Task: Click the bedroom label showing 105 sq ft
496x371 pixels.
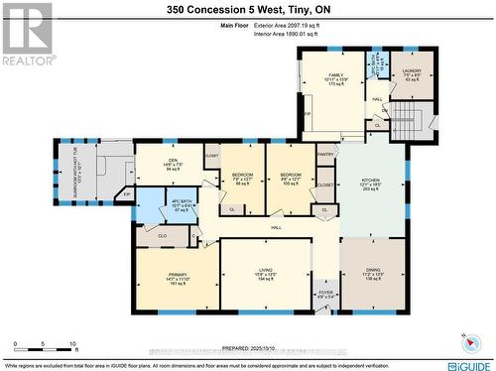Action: tap(291, 174)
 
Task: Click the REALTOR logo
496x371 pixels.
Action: tap(26, 35)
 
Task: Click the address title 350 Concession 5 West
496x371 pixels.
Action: tap(247, 10)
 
